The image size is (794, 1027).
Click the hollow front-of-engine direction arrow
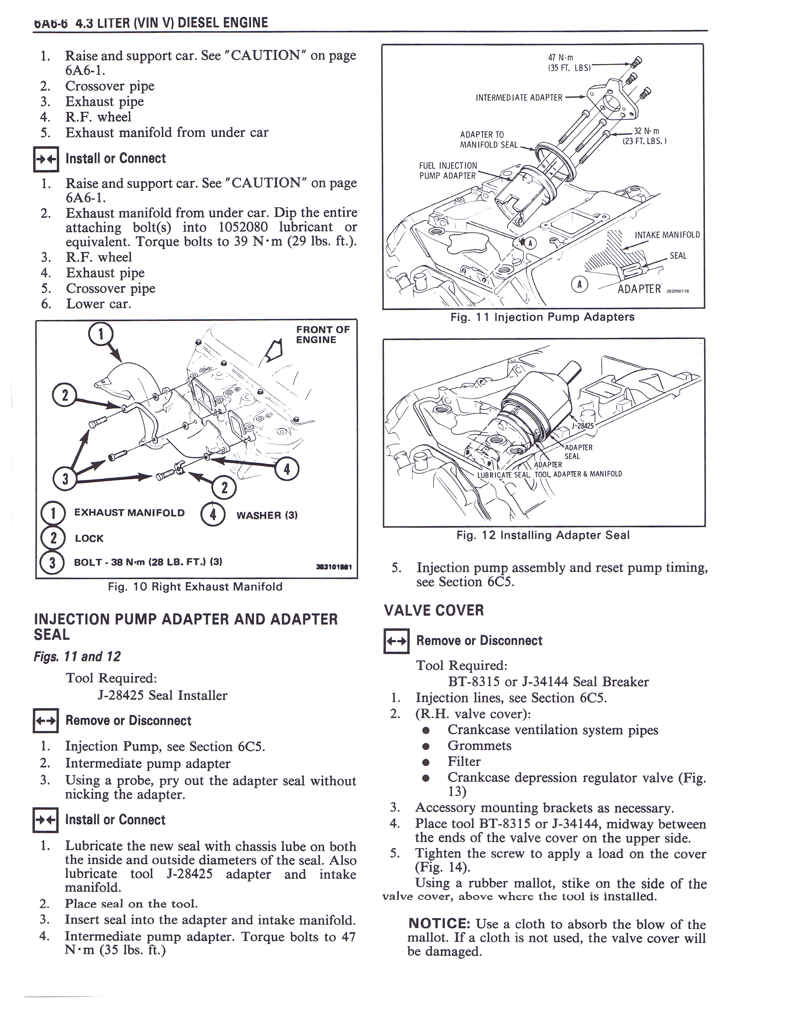tap(275, 350)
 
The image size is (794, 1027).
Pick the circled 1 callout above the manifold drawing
tap(101, 334)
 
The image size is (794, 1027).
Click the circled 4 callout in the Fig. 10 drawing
tap(286, 469)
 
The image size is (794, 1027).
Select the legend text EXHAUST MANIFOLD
tap(129, 513)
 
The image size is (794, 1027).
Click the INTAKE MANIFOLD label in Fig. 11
tap(667, 235)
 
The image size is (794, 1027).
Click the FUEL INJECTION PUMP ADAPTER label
tap(447, 171)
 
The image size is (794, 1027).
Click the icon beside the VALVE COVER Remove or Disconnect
tap(396, 640)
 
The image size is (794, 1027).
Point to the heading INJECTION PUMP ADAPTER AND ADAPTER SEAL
tap(186, 626)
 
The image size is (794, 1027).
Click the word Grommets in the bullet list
tap(479, 745)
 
